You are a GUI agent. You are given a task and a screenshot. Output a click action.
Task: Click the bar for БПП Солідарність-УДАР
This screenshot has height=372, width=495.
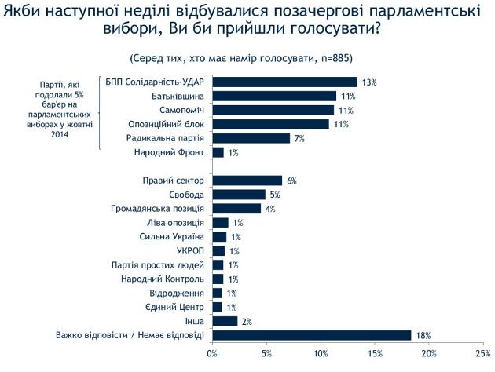(284, 82)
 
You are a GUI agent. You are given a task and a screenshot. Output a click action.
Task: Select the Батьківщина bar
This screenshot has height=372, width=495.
(274, 96)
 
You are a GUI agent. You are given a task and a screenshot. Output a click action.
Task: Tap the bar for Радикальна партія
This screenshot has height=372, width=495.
(251, 138)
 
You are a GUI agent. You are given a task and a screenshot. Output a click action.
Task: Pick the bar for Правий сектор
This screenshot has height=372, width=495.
(247, 181)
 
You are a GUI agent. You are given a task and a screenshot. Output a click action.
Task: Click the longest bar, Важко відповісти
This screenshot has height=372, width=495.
(312, 335)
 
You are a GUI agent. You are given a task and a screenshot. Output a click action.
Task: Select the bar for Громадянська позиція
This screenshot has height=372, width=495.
(236, 209)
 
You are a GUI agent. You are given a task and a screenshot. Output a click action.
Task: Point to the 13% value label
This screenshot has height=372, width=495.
(369, 82)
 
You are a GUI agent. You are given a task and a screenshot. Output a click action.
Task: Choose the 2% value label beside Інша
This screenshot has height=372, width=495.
(247, 321)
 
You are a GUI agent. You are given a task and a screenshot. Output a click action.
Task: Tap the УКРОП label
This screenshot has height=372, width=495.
(189, 251)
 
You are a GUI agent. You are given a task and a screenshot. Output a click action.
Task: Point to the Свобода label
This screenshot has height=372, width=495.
(187, 195)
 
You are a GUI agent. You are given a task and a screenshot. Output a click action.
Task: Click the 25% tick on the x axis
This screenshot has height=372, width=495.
(483, 355)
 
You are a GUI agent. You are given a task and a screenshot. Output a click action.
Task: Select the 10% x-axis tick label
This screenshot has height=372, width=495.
(321, 355)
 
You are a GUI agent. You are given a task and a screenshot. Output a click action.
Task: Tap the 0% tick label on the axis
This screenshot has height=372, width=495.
(212, 355)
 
